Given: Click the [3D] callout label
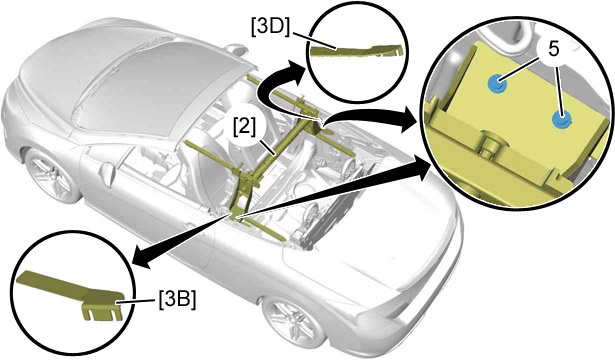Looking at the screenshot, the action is coord(271,28).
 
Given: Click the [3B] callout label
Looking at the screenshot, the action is coord(177,301).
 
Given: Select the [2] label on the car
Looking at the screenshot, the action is coord(245,127).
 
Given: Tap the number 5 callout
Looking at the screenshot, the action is coord(553,50).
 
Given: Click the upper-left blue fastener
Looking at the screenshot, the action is coord(496,83).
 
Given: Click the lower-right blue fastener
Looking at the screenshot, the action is coord(561,119).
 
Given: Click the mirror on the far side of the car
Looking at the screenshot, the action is coord(235,49).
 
